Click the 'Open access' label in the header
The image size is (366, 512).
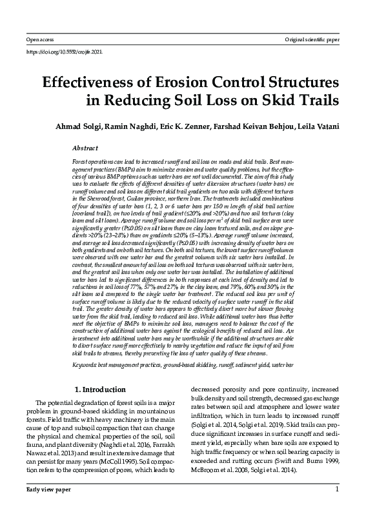click(36, 40)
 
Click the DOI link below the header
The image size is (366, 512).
click(64, 52)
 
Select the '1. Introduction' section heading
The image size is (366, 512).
click(101, 390)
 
